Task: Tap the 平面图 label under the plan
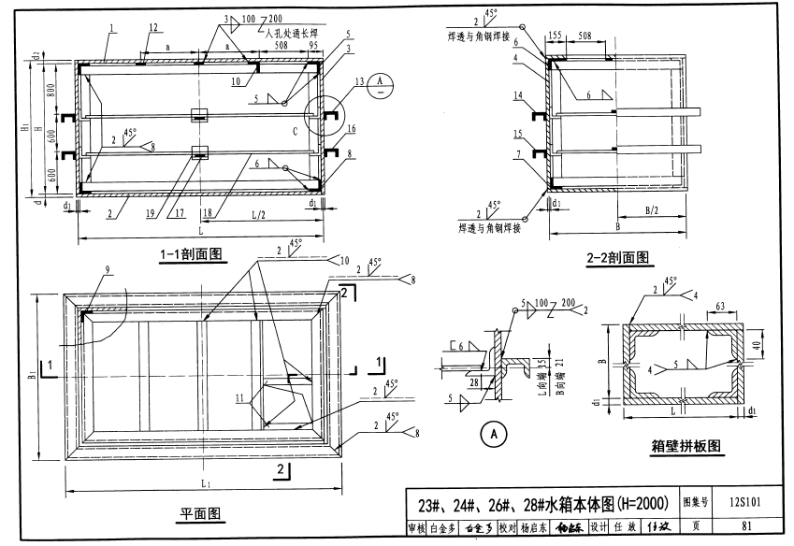pyautogui.click(x=199, y=514)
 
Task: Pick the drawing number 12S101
pyautogui.click(x=747, y=502)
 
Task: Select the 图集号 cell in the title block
pyautogui.click(x=700, y=502)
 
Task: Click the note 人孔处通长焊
pyautogui.click(x=290, y=32)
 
